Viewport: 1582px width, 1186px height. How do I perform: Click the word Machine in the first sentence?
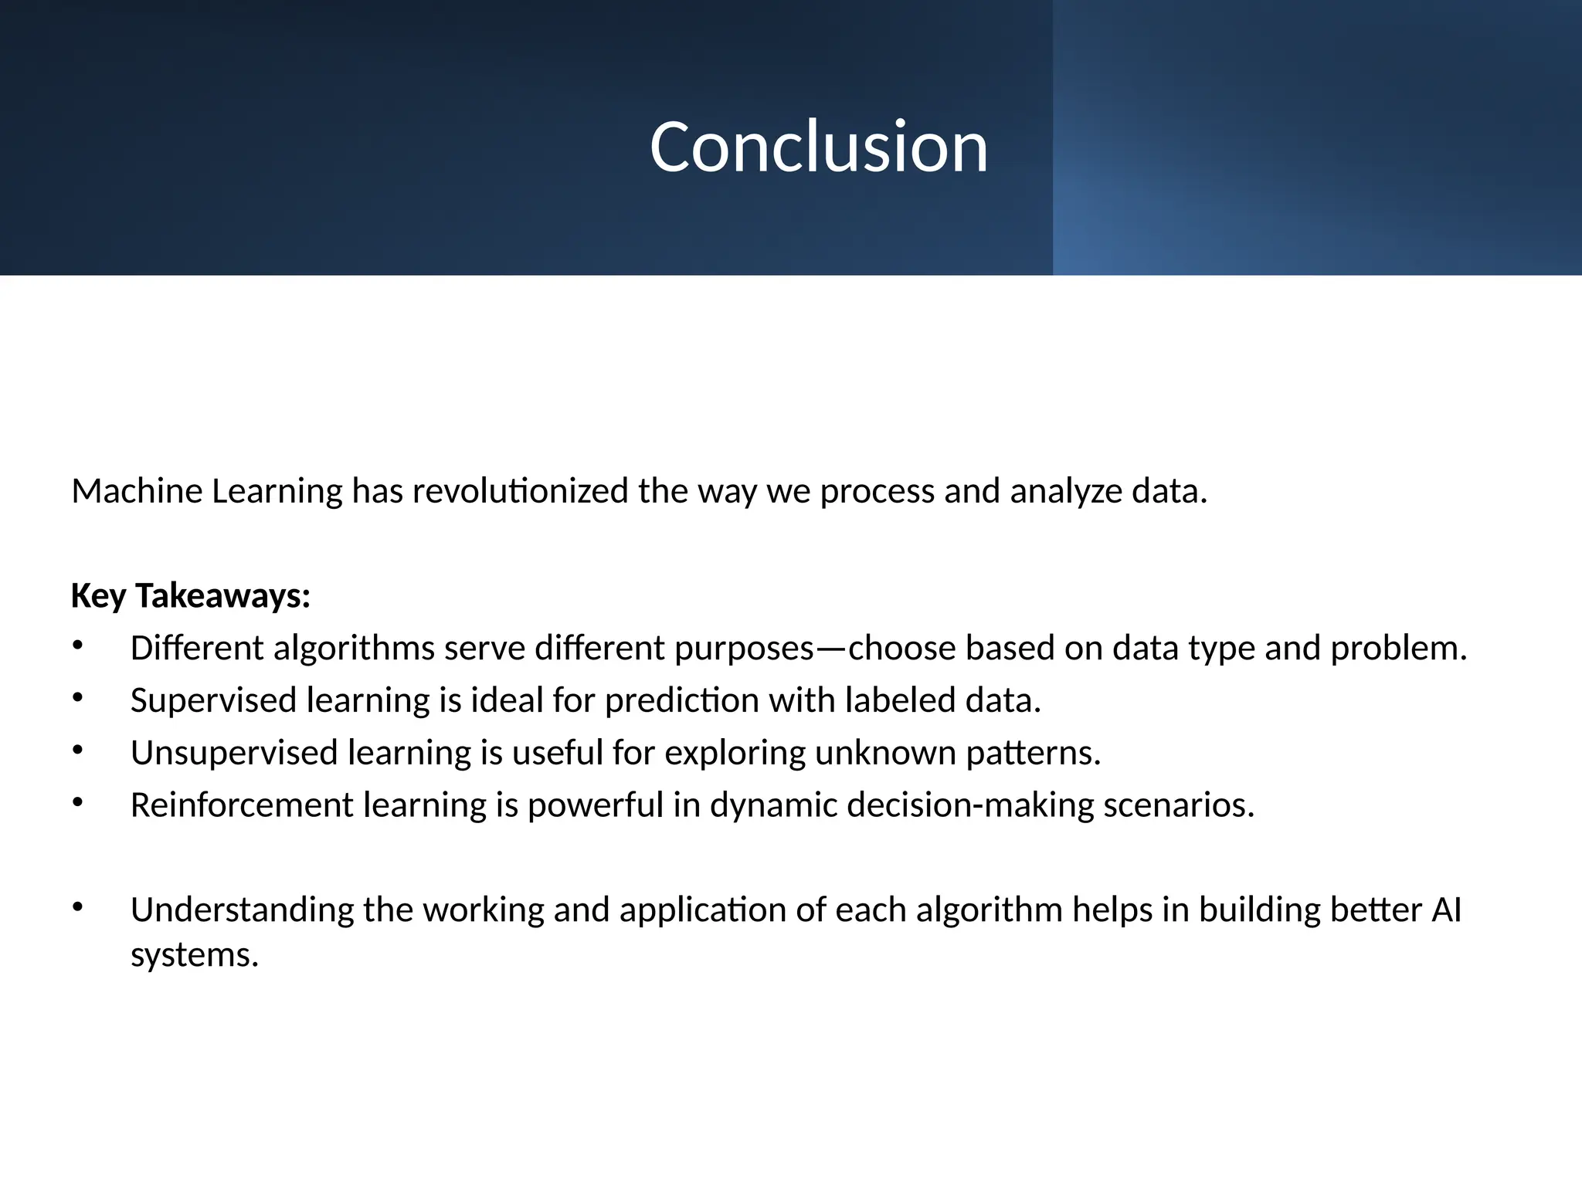(x=137, y=491)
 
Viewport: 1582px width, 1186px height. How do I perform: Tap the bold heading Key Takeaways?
(x=190, y=596)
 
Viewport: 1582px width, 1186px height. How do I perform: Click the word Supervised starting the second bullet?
(x=213, y=700)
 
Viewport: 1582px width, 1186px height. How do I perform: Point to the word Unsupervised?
(x=234, y=753)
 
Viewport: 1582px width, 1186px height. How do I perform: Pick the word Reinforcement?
(x=242, y=805)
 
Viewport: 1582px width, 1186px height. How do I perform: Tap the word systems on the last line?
(x=193, y=956)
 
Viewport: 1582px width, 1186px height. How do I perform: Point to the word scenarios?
(x=1178, y=805)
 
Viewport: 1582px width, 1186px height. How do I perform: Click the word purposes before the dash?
(x=744, y=649)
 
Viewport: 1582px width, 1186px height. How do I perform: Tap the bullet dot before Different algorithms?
(x=77, y=646)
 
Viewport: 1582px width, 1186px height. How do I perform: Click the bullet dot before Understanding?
(x=77, y=907)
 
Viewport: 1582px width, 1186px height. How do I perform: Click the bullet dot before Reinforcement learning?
(x=77, y=802)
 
